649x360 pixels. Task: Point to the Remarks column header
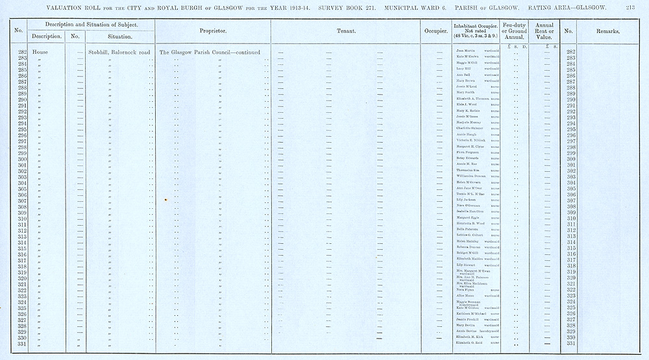607,31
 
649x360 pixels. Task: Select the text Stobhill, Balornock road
119,52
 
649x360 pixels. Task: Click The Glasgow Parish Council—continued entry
210,52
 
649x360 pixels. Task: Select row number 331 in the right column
571,343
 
